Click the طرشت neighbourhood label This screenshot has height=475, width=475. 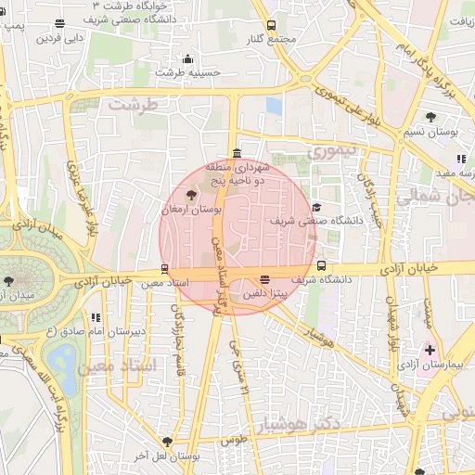coord(135,104)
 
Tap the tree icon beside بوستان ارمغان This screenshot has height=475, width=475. coord(191,195)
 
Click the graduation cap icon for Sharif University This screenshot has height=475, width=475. coord(316,208)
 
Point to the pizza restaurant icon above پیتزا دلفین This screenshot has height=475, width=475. coord(265,277)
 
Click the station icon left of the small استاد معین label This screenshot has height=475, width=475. coord(164,269)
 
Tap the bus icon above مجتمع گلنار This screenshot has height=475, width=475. coord(270,26)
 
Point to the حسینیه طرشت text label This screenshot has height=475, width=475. coord(184,72)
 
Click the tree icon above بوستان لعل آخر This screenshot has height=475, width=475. coord(167,442)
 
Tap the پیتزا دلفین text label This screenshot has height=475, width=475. coord(265,293)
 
